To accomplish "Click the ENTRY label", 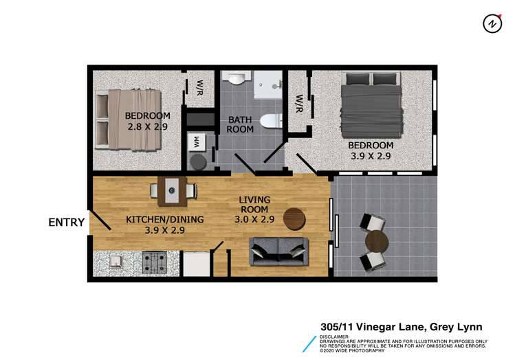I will pyautogui.click(x=66, y=222).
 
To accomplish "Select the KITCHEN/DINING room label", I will pyautogui.click(x=155, y=220).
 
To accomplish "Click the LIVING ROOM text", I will pyautogui.click(x=254, y=204).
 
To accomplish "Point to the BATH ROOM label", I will pyautogui.click(x=240, y=124).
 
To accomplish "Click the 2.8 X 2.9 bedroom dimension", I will pyautogui.click(x=147, y=126).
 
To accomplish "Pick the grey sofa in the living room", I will pyautogui.click(x=278, y=251).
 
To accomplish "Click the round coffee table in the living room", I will pyautogui.click(x=294, y=218).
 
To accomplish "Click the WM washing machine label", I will pyautogui.click(x=197, y=143).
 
